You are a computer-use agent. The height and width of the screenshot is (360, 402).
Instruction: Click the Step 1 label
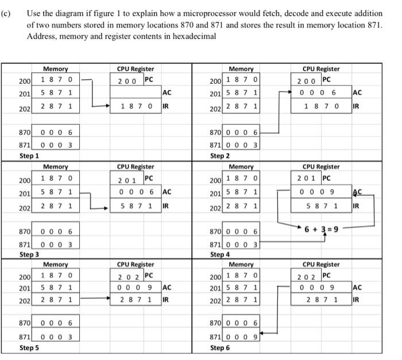click(29, 156)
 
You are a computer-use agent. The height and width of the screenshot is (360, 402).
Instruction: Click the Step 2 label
click(220, 156)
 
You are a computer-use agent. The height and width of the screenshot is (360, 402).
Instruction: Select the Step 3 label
click(29, 254)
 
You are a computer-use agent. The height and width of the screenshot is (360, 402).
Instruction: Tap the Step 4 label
click(220, 254)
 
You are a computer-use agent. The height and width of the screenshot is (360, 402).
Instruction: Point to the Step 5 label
click(29, 348)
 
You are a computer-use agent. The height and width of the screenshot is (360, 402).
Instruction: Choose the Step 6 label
click(220, 348)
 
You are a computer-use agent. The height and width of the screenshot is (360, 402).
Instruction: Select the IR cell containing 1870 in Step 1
click(136, 106)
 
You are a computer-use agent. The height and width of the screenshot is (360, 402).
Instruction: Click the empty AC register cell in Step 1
click(136, 93)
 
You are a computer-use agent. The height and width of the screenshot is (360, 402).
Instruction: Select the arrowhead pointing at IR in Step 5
click(108, 299)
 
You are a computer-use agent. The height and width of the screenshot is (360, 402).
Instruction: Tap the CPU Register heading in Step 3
click(135, 167)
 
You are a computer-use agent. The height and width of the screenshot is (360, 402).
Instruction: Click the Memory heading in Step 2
click(241, 69)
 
